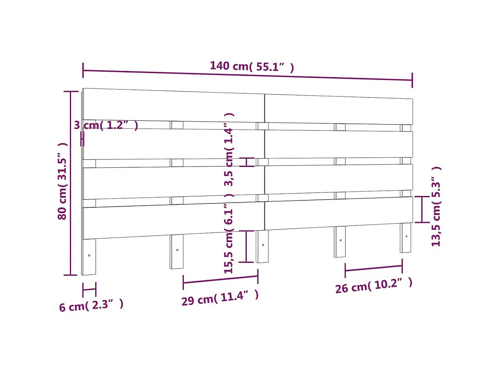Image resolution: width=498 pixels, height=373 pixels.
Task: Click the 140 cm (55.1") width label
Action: click(x=252, y=66)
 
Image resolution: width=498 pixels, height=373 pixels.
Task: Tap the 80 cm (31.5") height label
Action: click(x=63, y=181)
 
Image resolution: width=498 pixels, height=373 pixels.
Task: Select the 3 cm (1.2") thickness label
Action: click(x=106, y=126)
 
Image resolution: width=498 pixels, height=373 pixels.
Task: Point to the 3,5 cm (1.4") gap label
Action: click(x=229, y=149)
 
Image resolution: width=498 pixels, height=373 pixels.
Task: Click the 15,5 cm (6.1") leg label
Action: click(x=229, y=238)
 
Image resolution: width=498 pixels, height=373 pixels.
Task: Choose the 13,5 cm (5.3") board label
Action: click(x=436, y=206)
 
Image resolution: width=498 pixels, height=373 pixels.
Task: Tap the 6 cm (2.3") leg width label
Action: click(x=91, y=305)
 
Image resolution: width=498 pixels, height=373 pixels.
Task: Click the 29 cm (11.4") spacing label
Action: click(x=220, y=298)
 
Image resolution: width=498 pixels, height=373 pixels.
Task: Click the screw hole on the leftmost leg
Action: click(x=89, y=255)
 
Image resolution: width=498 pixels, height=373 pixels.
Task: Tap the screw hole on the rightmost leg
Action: click(x=406, y=236)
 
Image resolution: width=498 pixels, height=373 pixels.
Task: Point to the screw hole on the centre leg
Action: click(x=263, y=244)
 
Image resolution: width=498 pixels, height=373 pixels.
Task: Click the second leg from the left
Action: click(x=177, y=252)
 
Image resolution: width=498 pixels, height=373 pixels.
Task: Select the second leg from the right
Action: click(x=340, y=242)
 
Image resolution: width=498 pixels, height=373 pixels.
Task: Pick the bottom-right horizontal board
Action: click(x=338, y=213)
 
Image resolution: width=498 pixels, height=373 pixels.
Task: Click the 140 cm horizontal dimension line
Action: click(x=247, y=75)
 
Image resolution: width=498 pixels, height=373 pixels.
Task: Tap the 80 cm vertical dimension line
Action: click(x=71, y=183)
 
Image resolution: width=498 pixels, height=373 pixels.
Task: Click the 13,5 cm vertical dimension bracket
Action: click(x=422, y=209)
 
